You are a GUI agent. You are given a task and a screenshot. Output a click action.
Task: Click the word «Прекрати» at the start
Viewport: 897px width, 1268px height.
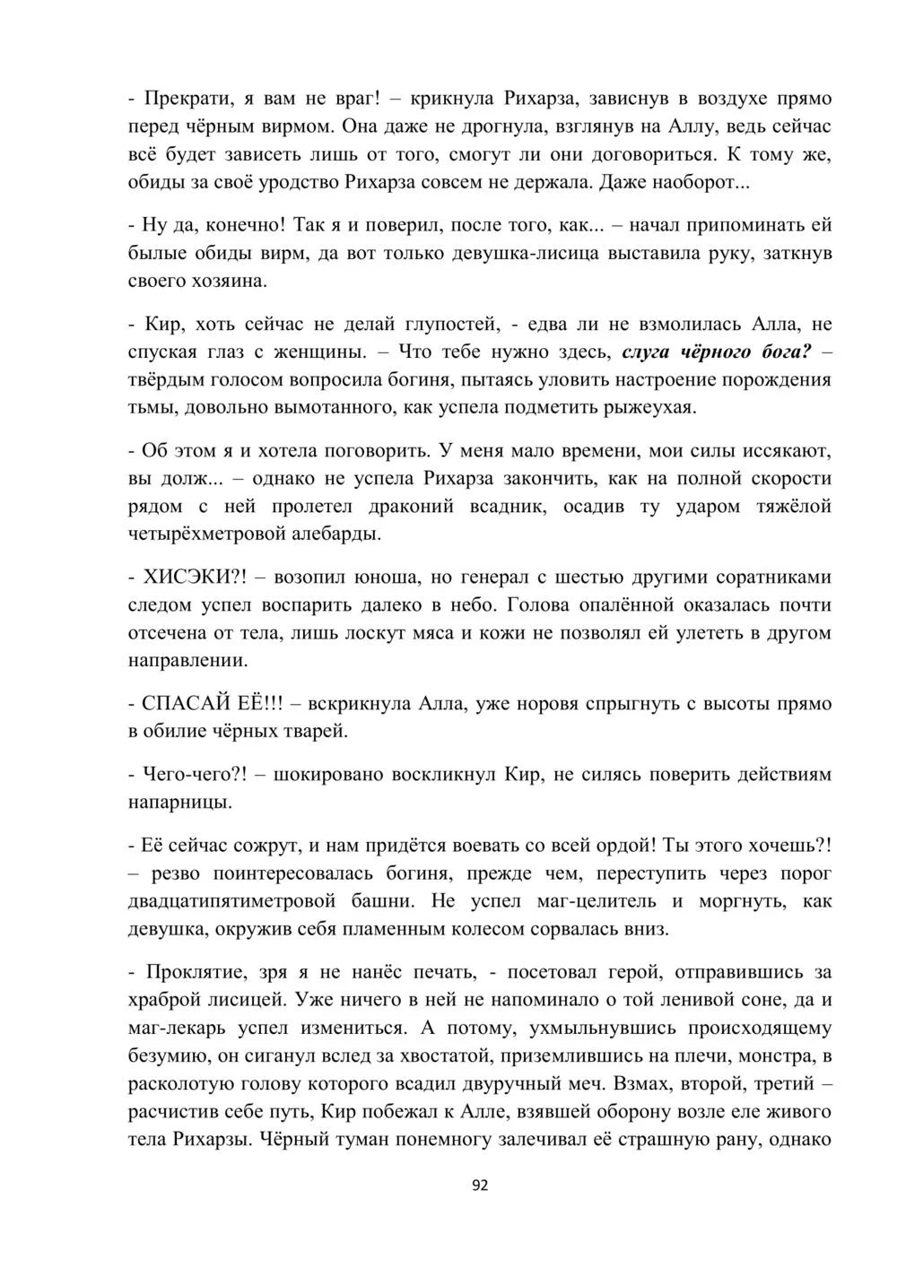185,98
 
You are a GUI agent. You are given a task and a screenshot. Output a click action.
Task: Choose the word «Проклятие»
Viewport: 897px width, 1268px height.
190,970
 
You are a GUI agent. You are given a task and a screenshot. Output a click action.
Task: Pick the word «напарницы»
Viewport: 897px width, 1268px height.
181,802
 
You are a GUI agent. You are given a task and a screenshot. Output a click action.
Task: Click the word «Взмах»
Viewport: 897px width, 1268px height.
646,1083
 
